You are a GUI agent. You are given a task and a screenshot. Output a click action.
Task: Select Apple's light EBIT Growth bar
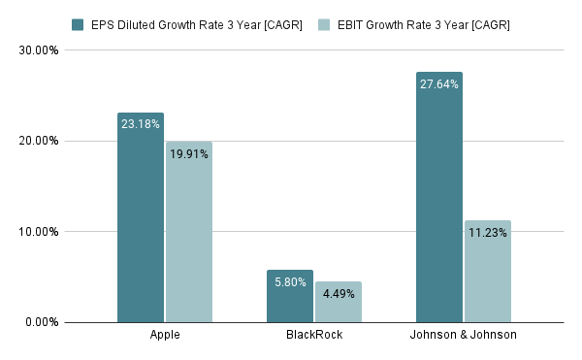tap(188, 238)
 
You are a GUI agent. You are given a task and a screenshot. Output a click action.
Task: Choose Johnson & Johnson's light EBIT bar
tap(487, 277)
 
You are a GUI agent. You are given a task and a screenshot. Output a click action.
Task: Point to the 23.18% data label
tap(141, 124)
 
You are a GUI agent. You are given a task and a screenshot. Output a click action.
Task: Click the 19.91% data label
tap(188, 153)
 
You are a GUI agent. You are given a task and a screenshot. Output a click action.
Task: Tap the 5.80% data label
tap(290, 282)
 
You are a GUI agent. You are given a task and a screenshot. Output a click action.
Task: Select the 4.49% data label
tap(338, 294)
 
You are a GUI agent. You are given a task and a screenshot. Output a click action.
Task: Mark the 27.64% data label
tap(439, 84)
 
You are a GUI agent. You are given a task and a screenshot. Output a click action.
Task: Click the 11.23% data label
tap(487, 232)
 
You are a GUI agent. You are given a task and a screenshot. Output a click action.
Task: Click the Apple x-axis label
tap(165, 336)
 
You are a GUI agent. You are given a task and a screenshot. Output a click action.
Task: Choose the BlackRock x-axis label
tap(314, 336)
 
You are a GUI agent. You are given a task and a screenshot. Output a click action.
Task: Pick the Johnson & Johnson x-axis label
tap(464, 336)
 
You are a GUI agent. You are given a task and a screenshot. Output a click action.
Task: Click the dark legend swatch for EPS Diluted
tap(78, 23)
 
